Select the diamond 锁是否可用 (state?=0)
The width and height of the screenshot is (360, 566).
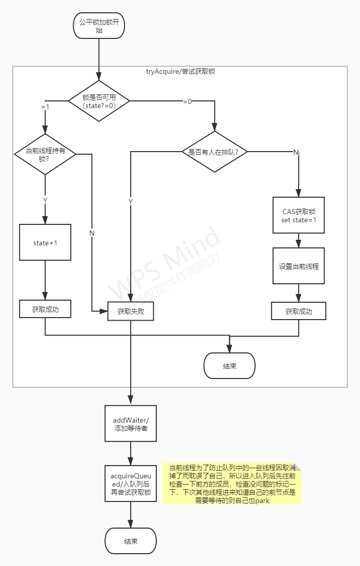pos(99,101)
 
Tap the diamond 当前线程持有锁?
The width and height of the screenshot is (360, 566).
pos(45,155)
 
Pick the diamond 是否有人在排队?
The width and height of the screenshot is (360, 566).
pos(214,152)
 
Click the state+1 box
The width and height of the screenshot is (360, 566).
pos(45,242)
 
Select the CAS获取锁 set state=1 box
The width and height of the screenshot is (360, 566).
pos(299,216)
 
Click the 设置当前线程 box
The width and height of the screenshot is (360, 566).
pos(299,266)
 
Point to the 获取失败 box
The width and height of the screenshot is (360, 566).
pos(131,311)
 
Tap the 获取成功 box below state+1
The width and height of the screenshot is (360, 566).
pos(45,309)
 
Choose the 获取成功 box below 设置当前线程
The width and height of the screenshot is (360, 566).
pos(299,311)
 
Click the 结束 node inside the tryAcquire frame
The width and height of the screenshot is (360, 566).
pos(229,366)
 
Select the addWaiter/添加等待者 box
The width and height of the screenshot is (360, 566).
pos(131,424)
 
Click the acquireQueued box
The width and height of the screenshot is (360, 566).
pos(131,483)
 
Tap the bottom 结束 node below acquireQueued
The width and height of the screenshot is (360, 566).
pos(131,541)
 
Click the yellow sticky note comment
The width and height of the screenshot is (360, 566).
pos(232,484)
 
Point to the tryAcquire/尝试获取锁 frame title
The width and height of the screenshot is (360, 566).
pos(180,72)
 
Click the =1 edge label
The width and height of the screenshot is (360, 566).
pos(45,107)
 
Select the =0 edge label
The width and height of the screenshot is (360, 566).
pos(187,101)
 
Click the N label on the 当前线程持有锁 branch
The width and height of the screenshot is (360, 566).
pos(92,233)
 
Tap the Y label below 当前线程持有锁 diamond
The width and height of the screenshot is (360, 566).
pos(45,200)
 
